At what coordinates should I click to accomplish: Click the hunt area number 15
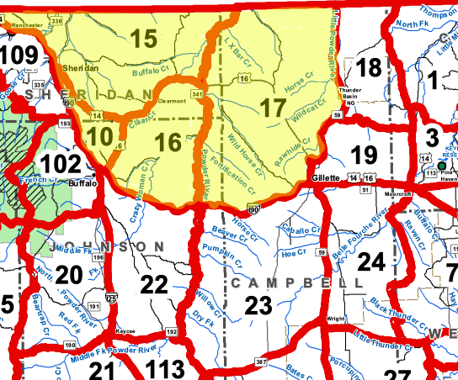(144, 38)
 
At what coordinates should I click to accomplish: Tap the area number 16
(168, 142)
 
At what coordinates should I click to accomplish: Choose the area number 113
(164, 367)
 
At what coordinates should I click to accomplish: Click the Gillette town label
(324, 179)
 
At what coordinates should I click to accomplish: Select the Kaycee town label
(126, 332)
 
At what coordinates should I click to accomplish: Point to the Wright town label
(336, 319)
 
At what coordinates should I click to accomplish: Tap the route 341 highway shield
(197, 95)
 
